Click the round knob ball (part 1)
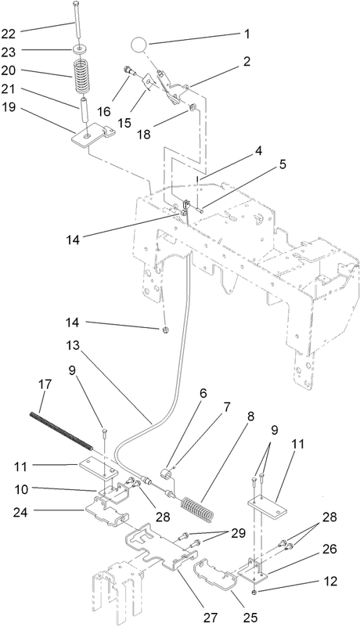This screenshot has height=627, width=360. coord(139,44)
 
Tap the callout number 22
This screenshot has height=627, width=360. coord(8,34)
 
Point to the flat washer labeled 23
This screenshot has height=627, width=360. coord(81,49)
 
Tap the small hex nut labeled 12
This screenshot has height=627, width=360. coord(254,592)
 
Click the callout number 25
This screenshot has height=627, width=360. coord(250,617)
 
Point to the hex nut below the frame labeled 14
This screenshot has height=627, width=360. coord(165,330)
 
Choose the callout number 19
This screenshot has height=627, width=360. coord(8,107)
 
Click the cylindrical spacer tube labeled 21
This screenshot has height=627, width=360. coord(85,111)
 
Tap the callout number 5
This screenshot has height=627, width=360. coord(283,164)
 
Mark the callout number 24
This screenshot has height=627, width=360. coord(20,512)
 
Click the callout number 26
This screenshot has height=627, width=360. coord(330,549)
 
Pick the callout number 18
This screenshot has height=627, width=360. coord(145,134)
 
